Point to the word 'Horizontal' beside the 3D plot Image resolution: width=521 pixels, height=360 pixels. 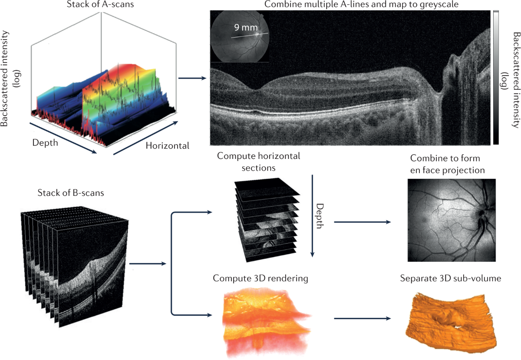coord(167,145)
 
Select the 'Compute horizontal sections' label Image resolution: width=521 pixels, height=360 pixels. coord(258,161)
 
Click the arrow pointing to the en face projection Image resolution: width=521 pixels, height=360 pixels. coord(361,222)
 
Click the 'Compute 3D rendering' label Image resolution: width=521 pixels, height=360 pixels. coord(260,278)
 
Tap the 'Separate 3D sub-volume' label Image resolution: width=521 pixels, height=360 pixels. coord(450,278)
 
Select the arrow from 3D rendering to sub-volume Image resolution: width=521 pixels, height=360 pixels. coord(361,318)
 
